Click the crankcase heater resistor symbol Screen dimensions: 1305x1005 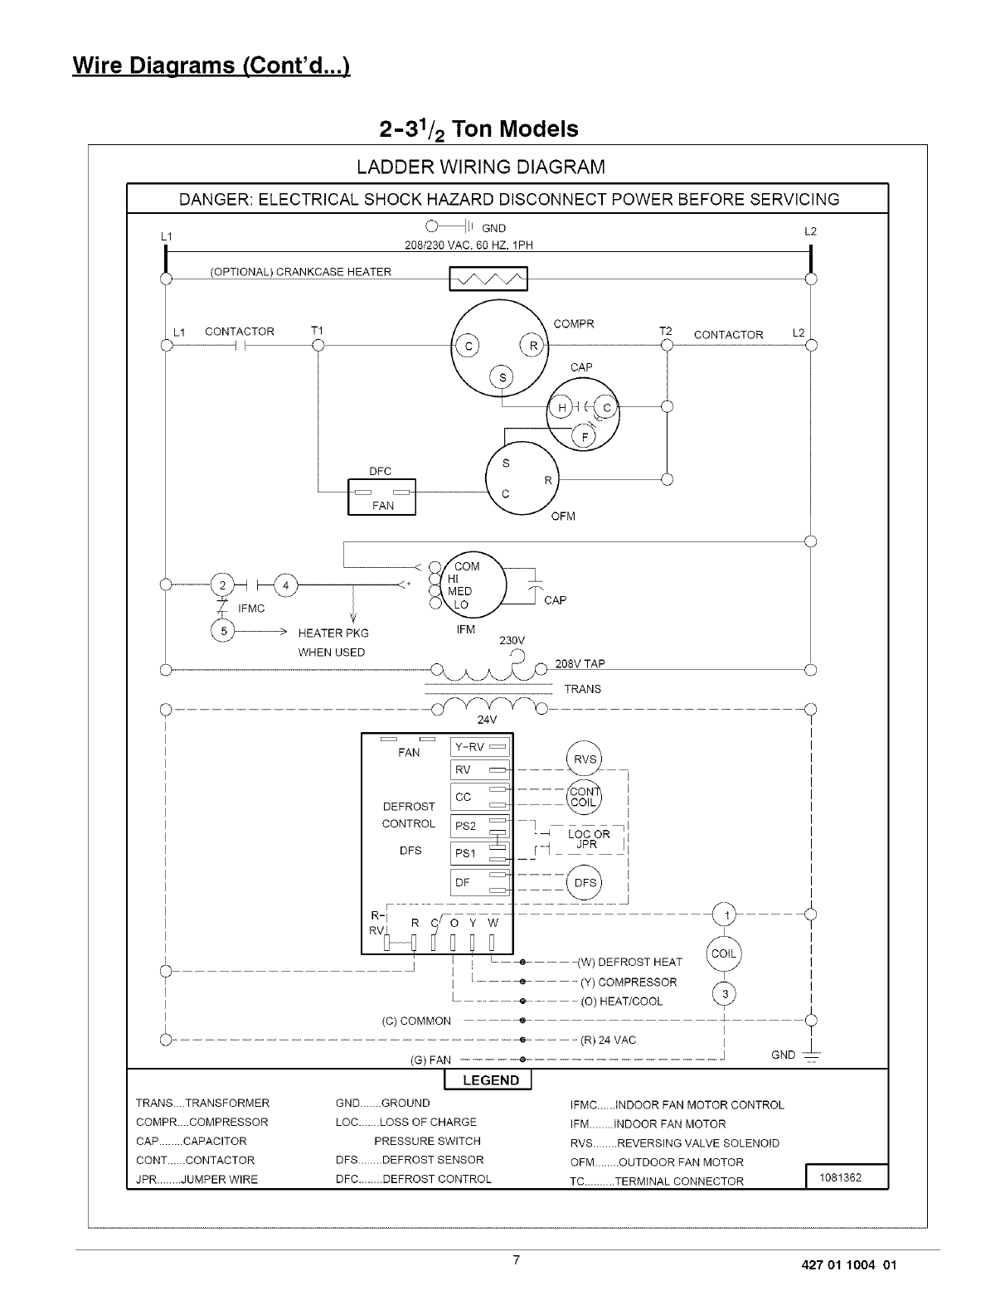tap(488, 279)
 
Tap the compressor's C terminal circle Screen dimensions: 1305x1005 tap(466, 347)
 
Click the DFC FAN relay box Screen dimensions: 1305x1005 tap(381, 497)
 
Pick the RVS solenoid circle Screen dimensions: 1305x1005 tap(584, 759)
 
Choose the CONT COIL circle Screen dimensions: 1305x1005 tap(584, 797)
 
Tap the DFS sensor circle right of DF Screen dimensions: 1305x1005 tap(585, 882)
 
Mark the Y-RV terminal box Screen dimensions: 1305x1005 tap(479, 747)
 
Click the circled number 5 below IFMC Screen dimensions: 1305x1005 tap(223, 632)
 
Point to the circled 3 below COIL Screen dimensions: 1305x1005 tap(724, 995)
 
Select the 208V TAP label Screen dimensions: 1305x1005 tap(580, 663)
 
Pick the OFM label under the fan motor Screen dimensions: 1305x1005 tap(563, 517)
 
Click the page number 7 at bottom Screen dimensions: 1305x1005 tap(516, 1261)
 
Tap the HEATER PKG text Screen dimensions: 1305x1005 tap(333, 633)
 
